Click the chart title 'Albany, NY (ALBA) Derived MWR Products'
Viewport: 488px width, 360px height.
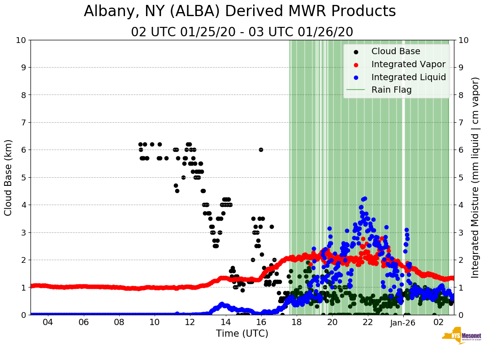click(x=240, y=11)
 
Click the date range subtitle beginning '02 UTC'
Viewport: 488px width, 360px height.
click(x=242, y=32)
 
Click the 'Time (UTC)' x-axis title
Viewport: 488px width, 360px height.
click(x=242, y=334)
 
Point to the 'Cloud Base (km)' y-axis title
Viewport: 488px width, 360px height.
click(x=9, y=177)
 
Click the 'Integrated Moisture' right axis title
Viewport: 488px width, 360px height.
click(x=475, y=177)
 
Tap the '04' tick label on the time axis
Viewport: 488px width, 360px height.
click(x=48, y=322)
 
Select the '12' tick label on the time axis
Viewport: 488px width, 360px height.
click(x=190, y=322)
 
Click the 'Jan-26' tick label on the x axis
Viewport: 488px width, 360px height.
click(x=403, y=322)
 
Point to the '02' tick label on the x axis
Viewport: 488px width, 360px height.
click(x=439, y=322)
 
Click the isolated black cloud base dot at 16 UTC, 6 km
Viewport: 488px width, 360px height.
click(x=261, y=150)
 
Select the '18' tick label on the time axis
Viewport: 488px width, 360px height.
click(x=297, y=322)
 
